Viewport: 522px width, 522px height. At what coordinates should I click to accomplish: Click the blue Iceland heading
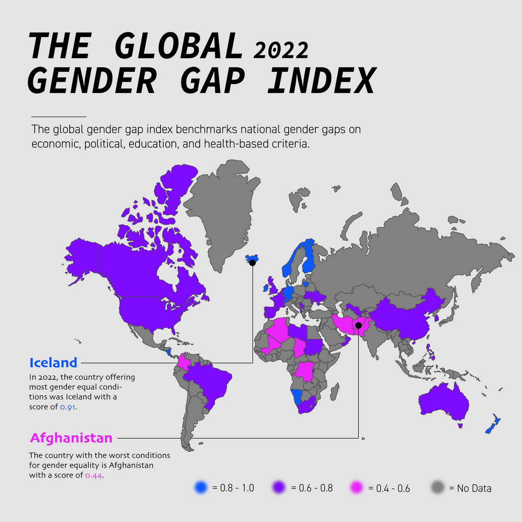tap(53, 362)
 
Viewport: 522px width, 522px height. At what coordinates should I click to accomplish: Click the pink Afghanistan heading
tap(71, 438)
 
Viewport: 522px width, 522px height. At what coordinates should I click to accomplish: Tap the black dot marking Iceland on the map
tap(252, 262)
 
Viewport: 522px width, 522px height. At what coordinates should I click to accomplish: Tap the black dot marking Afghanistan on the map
tap(358, 325)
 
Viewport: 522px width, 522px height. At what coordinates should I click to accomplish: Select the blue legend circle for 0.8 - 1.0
tap(201, 488)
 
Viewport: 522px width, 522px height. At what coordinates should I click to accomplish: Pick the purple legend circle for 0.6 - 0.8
tap(279, 488)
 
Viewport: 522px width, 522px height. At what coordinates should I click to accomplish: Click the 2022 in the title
tap(281, 51)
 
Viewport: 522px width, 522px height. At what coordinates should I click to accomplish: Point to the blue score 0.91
tap(68, 407)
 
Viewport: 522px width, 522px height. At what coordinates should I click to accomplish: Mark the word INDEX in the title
tap(321, 81)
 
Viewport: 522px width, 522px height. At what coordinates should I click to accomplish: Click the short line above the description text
tap(59, 117)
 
